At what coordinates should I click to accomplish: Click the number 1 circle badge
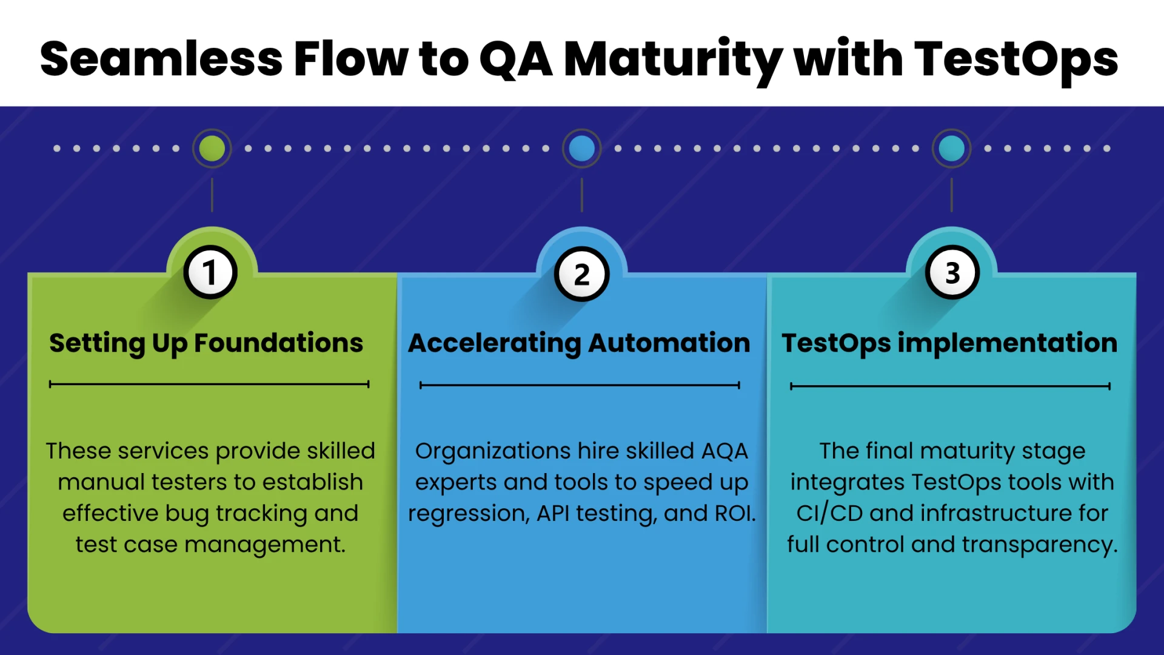210,272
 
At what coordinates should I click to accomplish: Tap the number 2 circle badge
581,275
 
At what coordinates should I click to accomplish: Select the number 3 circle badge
952,272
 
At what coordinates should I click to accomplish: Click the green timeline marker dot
212,148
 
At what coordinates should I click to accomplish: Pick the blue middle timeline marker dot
581,148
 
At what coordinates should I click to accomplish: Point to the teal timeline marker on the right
951,148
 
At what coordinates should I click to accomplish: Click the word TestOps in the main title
1015,59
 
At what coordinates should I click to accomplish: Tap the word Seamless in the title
161,59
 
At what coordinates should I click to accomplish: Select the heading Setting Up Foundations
206,343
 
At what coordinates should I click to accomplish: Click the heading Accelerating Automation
579,343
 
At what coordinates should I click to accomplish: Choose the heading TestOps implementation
949,343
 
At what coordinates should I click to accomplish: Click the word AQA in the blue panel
724,451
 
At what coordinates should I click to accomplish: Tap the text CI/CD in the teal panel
829,514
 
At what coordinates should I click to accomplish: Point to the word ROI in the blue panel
734,514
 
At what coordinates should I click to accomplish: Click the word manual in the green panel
101,482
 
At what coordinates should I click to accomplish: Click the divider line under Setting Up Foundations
209,384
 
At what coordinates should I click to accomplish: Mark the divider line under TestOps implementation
950,386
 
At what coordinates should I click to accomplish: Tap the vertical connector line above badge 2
581,195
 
